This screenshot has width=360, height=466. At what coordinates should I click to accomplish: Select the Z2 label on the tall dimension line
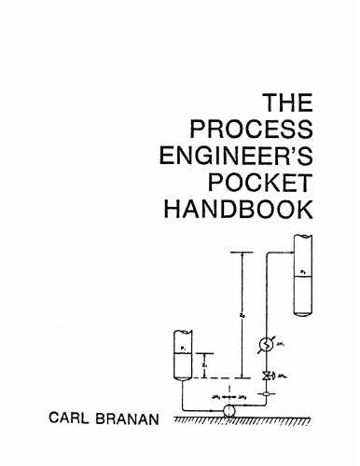pos(243,317)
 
